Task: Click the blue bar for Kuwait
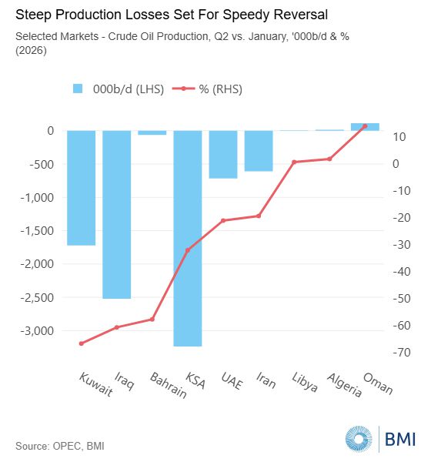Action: coord(82,188)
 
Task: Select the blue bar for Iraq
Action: coord(117,215)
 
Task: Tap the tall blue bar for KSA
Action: coord(188,239)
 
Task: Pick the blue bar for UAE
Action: coord(223,155)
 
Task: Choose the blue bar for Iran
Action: coord(259,151)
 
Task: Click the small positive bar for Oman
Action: coord(365,127)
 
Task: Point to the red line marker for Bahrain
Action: coord(152,319)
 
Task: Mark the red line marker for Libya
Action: coord(294,162)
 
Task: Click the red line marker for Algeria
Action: coord(329,159)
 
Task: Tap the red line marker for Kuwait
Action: coord(82,343)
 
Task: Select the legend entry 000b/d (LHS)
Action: coord(118,89)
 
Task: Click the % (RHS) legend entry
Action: coord(207,89)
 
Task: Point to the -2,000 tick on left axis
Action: coord(38,263)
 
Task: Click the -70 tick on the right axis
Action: coord(402,353)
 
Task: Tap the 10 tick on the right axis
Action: coord(399,137)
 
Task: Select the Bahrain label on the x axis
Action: coord(169,386)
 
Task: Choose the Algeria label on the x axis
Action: coord(344,385)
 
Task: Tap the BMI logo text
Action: coord(400,439)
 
